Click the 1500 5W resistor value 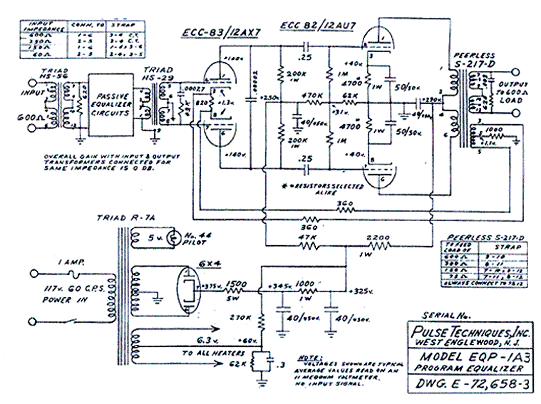pos(236,287)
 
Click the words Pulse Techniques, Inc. pos(472,332)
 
